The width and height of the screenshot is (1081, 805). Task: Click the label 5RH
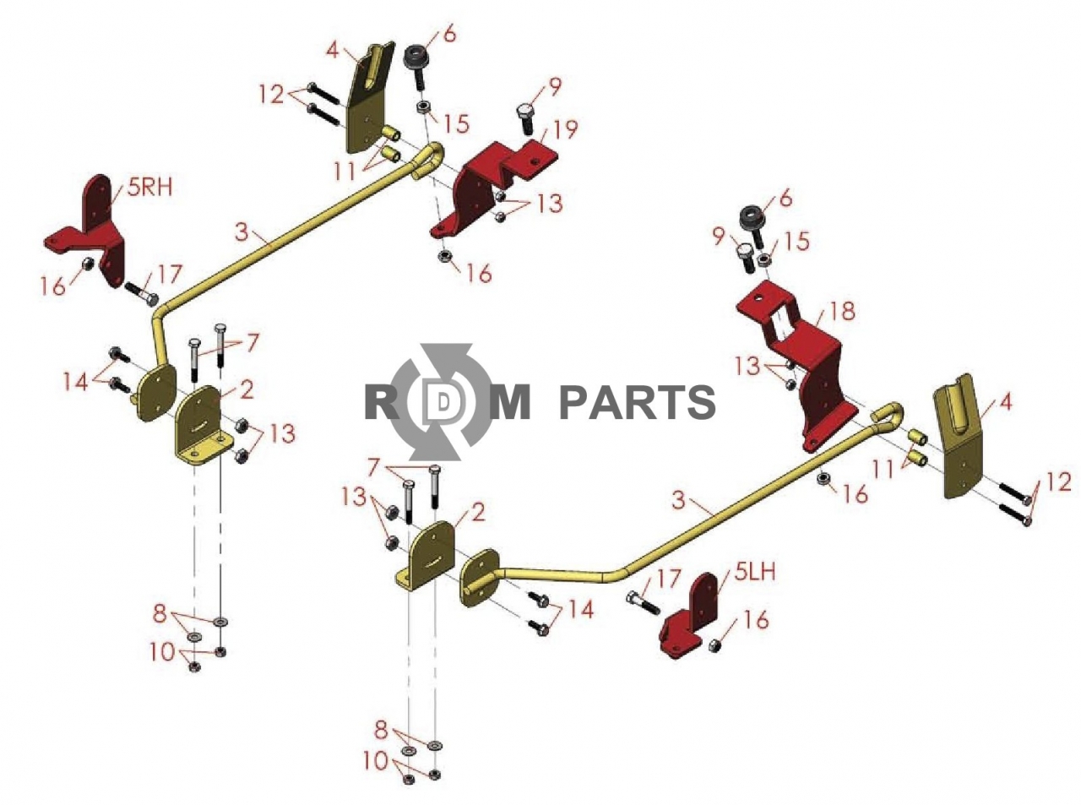click(x=150, y=188)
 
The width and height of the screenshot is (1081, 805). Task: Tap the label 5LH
click(x=755, y=572)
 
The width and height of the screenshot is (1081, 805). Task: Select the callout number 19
click(x=565, y=129)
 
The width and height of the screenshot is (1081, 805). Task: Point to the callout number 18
click(x=842, y=311)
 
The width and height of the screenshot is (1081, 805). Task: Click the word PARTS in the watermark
click(x=637, y=402)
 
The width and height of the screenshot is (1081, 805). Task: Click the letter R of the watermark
click(x=384, y=402)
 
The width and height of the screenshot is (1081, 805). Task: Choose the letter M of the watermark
click(x=510, y=402)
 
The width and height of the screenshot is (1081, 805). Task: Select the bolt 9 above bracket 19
click(x=526, y=119)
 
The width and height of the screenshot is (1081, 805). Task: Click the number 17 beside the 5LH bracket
click(x=668, y=579)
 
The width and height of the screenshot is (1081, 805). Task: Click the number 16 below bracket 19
click(x=479, y=274)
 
